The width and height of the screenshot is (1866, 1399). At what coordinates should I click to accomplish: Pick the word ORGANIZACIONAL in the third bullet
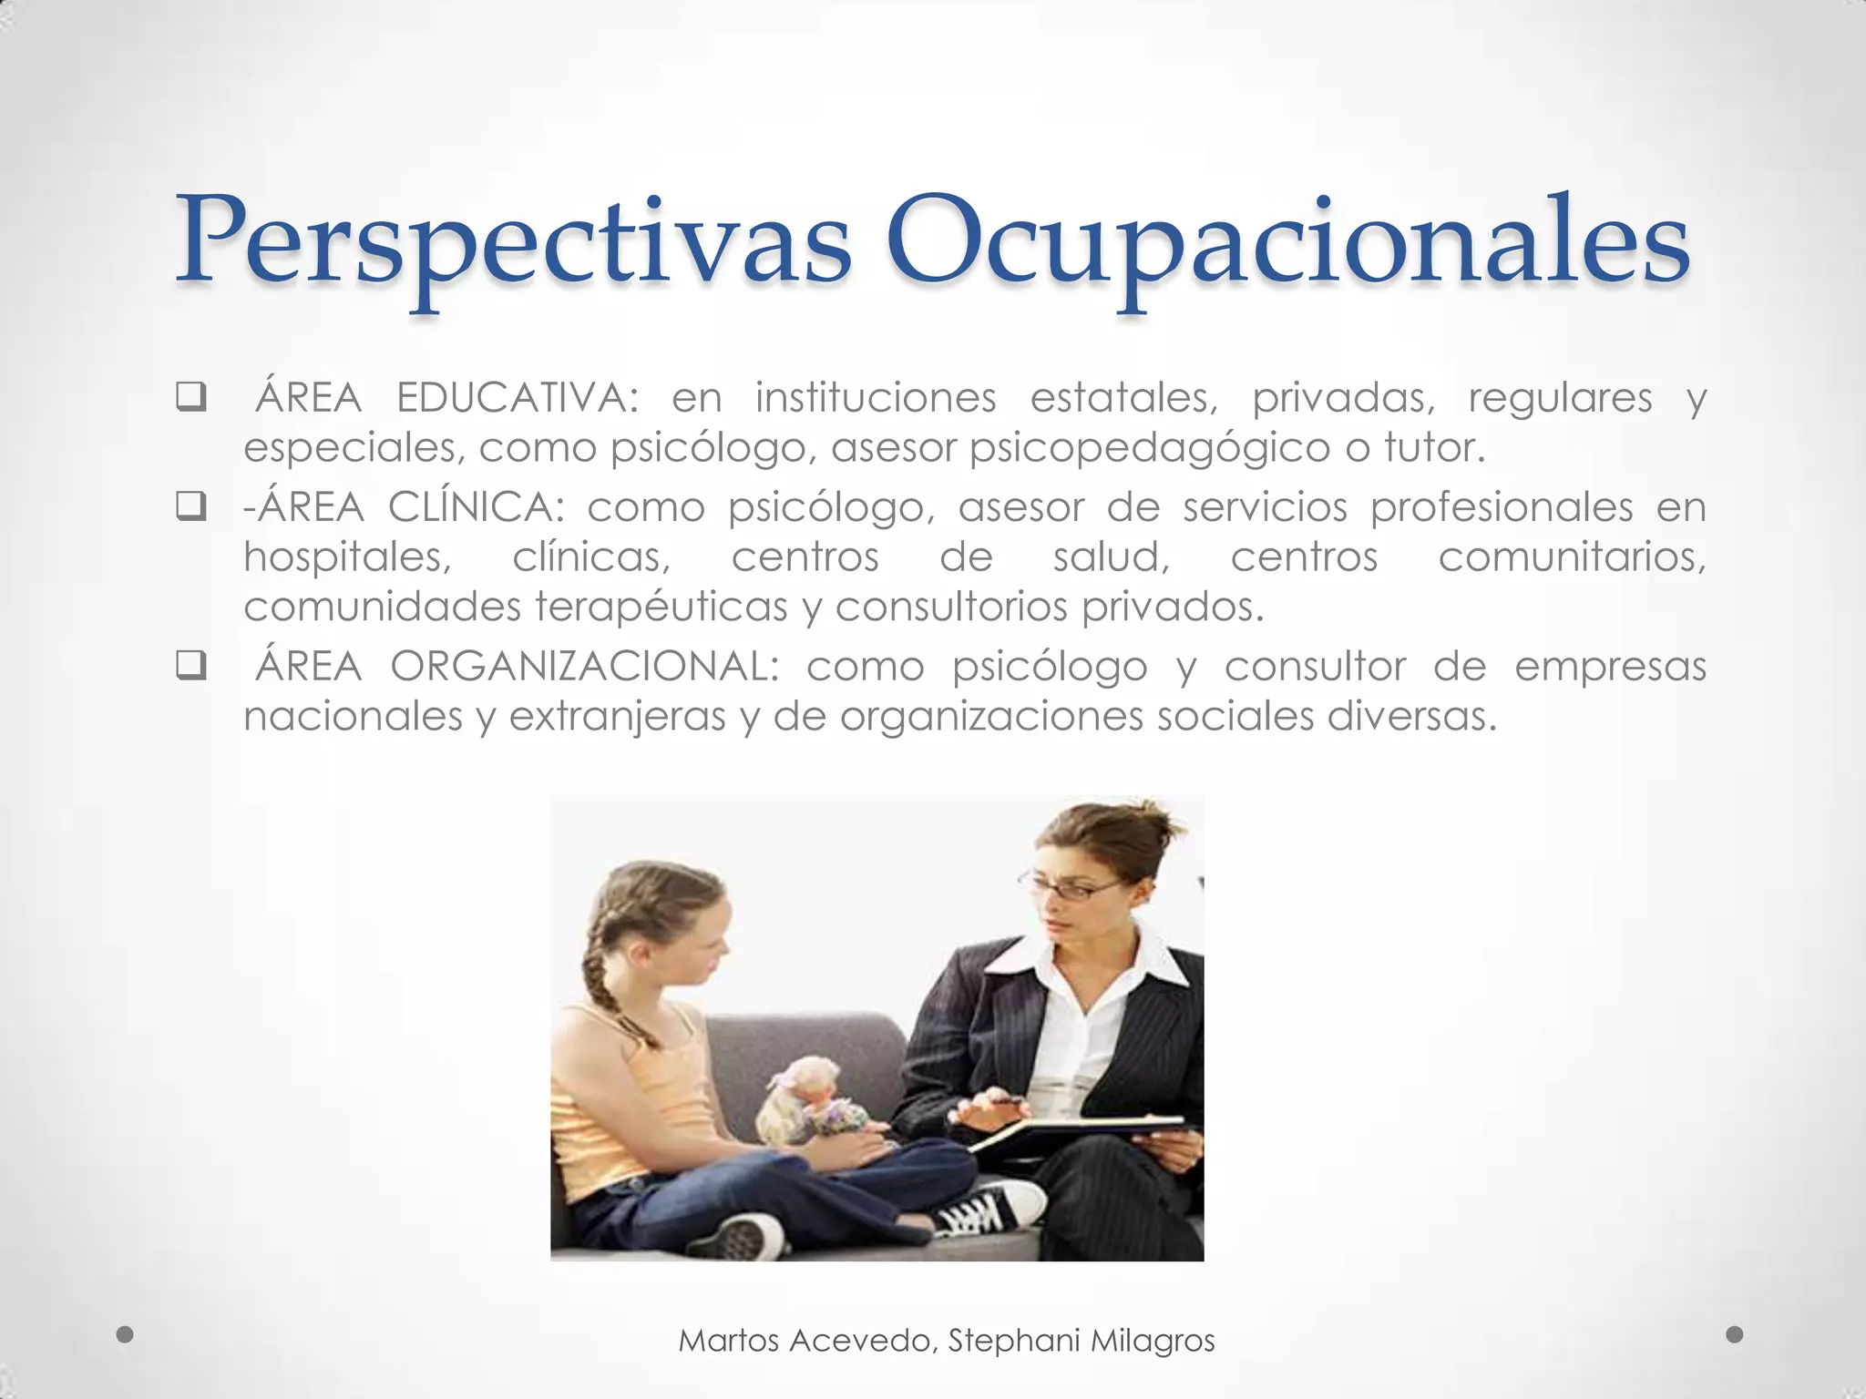pos(584,667)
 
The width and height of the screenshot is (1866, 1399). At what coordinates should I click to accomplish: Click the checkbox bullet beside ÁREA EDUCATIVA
pos(190,399)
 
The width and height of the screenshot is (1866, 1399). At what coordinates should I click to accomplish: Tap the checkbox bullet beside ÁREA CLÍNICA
pos(190,507)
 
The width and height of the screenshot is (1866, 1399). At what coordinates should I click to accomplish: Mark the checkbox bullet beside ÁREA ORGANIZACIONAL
pos(190,667)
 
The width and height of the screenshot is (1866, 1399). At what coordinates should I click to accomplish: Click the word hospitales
pos(347,557)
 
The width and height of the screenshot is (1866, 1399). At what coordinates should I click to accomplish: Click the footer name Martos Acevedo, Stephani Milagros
pos(947,1340)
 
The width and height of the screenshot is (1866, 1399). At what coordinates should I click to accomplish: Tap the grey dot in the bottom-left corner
pos(126,1335)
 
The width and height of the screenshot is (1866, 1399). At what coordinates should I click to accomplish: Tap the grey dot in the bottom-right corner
pos(1735,1334)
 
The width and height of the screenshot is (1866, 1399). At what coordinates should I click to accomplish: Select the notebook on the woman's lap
pos(1075,1134)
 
